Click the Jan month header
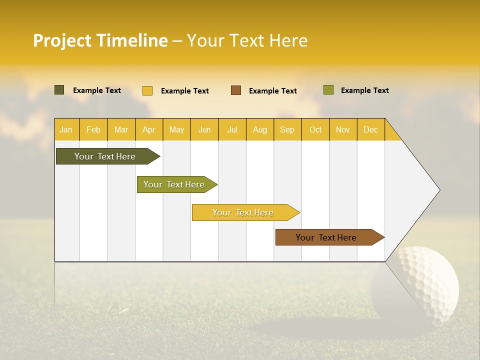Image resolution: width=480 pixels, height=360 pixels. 66,129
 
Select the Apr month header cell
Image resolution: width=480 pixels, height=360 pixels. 149,129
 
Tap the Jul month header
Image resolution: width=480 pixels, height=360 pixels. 232,129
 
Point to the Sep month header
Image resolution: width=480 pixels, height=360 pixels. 287,129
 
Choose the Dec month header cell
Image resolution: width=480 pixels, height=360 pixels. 370,129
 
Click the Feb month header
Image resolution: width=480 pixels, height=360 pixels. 93,129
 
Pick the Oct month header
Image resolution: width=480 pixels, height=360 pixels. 315,129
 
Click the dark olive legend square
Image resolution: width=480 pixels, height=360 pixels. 59,90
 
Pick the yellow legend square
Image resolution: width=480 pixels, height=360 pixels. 147,90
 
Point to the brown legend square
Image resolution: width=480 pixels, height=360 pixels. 236,90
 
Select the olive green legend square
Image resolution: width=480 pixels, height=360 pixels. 328,90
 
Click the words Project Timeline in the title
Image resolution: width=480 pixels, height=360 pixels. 100,40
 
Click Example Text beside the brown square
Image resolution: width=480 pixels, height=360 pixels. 272,91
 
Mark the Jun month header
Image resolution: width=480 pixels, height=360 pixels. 204,129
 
